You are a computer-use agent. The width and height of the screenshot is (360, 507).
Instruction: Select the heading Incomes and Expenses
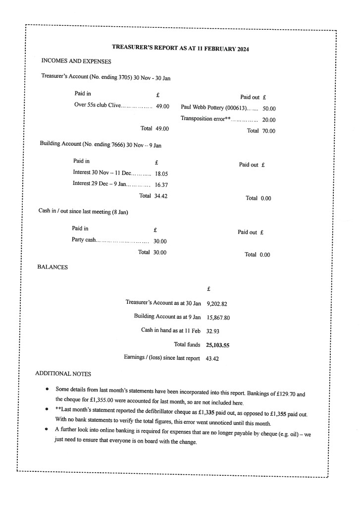(x=76, y=61)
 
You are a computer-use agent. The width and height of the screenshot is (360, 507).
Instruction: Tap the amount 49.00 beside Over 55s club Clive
(x=162, y=106)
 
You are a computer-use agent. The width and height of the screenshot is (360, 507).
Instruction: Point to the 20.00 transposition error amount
(x=269, y=120)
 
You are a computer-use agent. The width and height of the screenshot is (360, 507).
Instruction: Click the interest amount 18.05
(x=162, y=174)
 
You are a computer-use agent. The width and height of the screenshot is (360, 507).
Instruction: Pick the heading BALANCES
(x=52, y=267)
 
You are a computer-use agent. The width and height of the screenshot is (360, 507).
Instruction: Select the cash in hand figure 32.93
(x=213, y=331)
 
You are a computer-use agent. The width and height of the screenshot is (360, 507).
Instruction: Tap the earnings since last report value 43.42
(x=213, y=358)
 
